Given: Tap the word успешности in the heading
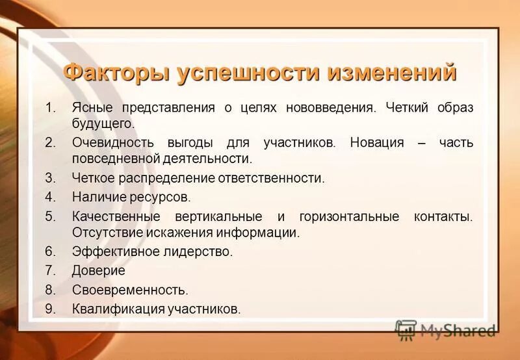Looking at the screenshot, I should pyautogui.click(x=248, y=72).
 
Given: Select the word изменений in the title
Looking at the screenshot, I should pyautogui.click(x=392, y=72).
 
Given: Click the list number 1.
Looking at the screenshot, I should pyautogui.click(x=49, y=107).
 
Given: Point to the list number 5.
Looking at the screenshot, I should pyautogui.click(x=50, y=216).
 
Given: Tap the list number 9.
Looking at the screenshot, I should pyautogui.click(x=50, y=309).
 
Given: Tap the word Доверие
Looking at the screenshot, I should pyautogui.click(x=98, y=270).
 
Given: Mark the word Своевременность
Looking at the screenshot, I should pyautogui.click(x=130, y=290).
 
